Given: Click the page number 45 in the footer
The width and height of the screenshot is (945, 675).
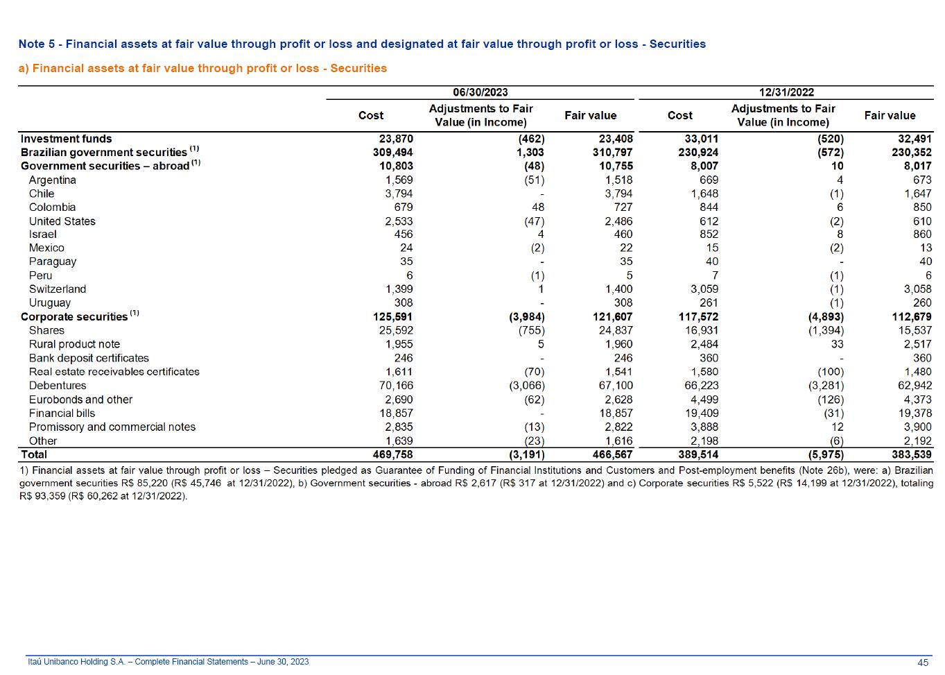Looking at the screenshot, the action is (923, 663).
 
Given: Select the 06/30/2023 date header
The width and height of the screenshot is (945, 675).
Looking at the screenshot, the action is (480, 92).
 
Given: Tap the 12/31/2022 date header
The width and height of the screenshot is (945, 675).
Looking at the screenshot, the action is (786, 92).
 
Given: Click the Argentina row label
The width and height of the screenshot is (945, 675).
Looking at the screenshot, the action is (52, 180).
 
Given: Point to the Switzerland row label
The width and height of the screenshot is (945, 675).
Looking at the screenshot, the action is (58, 289).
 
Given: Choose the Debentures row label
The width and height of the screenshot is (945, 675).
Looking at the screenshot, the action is (58, 386).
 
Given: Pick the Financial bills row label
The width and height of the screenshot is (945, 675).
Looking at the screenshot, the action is (62, 413).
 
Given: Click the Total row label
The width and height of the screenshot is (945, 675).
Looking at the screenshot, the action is (34, 454).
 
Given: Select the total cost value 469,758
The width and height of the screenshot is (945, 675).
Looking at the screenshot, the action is (392, 454).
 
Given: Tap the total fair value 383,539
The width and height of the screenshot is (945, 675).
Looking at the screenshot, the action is (911, 454).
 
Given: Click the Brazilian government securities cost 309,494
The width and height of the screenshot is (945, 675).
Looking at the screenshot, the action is (392, 153).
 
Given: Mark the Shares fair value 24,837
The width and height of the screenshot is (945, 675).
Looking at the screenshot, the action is (616, 330).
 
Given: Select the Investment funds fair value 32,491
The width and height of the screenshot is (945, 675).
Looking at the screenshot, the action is (914, 139).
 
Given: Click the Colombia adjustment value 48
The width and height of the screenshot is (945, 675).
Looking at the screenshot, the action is (538, 207).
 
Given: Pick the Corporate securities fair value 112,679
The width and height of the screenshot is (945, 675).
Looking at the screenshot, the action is (911, 316).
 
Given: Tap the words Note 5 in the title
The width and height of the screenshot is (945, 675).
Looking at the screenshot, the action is (37, 44).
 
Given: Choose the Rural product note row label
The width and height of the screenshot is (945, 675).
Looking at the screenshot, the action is (74, 345).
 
